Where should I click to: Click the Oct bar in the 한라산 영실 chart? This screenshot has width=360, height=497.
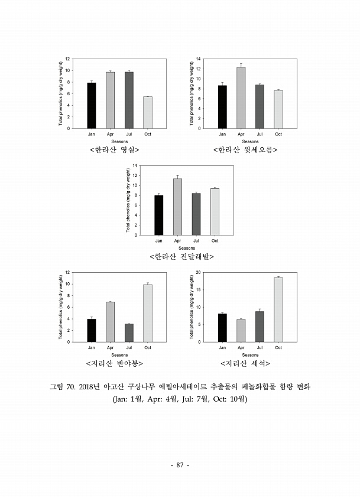coord(148,112)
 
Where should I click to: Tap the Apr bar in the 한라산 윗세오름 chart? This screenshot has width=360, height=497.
coord(241,98)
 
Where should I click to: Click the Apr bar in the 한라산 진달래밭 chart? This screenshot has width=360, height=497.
coord(177,206)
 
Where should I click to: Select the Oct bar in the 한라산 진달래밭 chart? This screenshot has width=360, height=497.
coord(215,211)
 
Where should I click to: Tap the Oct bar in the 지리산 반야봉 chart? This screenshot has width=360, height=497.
coord(148,313)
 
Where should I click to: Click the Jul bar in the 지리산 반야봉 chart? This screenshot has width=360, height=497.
coord(129,333)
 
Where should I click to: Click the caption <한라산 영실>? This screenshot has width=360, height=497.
coord(114,150)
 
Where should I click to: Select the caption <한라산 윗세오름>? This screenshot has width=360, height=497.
coord(245,150)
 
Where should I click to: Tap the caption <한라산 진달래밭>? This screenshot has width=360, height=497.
coord(181,257)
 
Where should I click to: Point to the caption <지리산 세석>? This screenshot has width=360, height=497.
coord(245,363)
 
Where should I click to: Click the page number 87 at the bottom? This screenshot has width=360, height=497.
coord(180,466)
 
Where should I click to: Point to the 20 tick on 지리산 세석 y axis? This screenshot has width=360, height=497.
coord(199,272)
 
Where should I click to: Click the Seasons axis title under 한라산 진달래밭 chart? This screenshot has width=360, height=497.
coord(187,248)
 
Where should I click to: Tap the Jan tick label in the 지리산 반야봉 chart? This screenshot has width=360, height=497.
coord(92,347)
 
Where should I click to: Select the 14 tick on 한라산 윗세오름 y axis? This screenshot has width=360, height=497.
coord(199,59)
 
